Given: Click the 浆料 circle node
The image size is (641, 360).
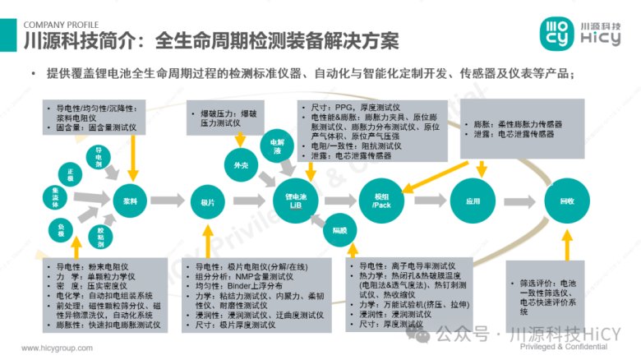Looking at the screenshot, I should tap(129, 200).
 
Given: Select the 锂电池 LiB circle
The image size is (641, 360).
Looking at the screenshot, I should tap(296, 201).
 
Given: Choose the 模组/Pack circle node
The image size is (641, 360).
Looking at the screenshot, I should tap(381, 200).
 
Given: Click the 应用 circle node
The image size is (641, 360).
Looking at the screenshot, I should tap(472, 200).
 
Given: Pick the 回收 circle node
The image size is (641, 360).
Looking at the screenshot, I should tap(566, 200).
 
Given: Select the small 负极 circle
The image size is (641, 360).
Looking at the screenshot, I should tap(62, 228).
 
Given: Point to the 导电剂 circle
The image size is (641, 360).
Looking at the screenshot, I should tap(99, 156).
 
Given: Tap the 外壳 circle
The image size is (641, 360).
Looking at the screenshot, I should tap(241, 165).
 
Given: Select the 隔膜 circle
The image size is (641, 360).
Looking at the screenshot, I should tap(339, 229).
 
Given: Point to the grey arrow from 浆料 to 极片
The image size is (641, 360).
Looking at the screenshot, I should tap(168, 200).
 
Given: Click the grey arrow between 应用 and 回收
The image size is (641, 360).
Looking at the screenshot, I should tap(519, 200).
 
